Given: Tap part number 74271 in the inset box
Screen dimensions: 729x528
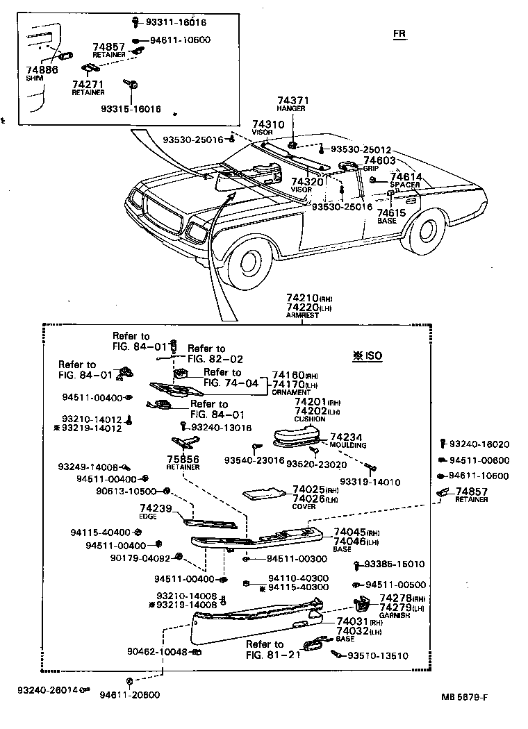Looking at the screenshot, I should pyautogui.click(x=88, y=84).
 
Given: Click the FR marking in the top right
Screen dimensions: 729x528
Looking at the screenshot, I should pyautogui.click(x=399, y=33).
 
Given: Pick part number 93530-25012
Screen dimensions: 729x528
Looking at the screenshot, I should pyautogui.click(x=361, y=149).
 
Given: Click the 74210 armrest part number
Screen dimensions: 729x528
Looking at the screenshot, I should pyautogui.click(x=304, y=298).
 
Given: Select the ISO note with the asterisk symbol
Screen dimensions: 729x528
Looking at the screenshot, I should pyautogui.click(x=367, y=356).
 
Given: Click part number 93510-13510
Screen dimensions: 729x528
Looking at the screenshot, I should pyautogui.click(x=377, y=655).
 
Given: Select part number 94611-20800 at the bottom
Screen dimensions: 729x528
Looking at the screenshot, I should pyautogui.click(x=129, y=694).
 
